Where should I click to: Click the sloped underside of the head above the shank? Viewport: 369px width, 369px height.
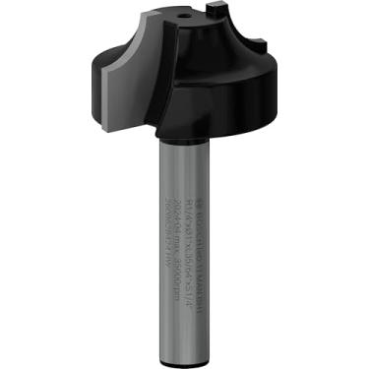(x=197, y=129)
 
